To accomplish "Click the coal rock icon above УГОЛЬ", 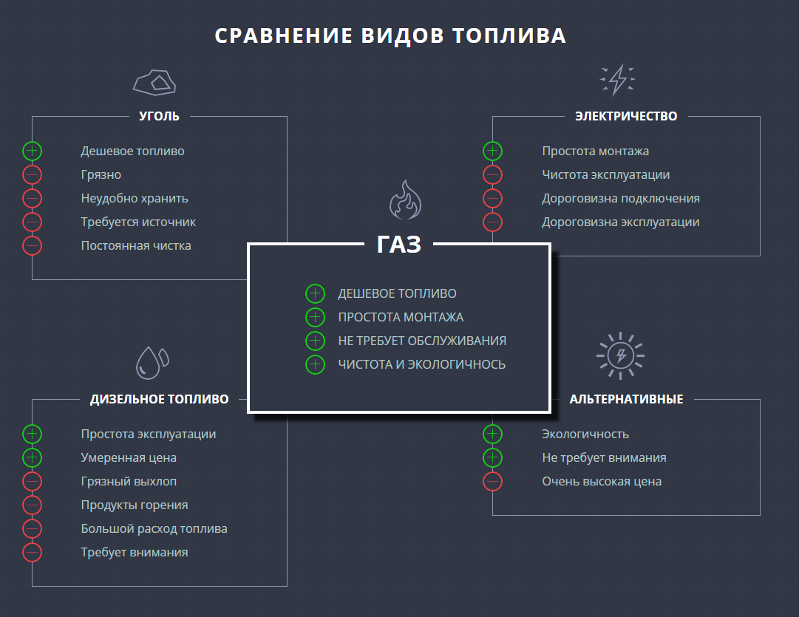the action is click(154, 83).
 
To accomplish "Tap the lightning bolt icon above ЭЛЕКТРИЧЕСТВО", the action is click(617, 80).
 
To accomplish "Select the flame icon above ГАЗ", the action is click(405, 200).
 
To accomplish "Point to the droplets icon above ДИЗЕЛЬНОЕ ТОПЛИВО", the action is click(152, 363).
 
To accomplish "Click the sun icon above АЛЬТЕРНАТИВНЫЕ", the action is click(620, 355).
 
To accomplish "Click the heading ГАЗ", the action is click(399, 244).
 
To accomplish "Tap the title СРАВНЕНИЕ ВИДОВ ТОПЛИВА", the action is click(390, 35).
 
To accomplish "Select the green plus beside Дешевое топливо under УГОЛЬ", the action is click(32, 151).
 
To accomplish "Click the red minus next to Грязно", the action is click(32, 175).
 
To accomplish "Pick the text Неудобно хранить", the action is click(135, 198).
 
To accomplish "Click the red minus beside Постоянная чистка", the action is click(32, 245).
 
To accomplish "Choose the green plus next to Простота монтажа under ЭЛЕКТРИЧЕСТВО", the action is click(493, 151).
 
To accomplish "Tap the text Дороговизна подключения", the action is click(621, 198).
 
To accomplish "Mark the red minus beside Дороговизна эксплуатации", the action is click(493, 222).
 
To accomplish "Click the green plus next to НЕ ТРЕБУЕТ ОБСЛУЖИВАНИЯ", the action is click(315, 341).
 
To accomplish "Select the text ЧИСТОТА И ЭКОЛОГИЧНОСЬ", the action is click(422, 364).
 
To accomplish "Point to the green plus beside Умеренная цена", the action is click(32, 457).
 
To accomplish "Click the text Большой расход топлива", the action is click(154, 528).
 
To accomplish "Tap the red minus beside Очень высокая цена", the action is click(493, 481).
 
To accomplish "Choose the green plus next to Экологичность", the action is click(493, 434).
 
